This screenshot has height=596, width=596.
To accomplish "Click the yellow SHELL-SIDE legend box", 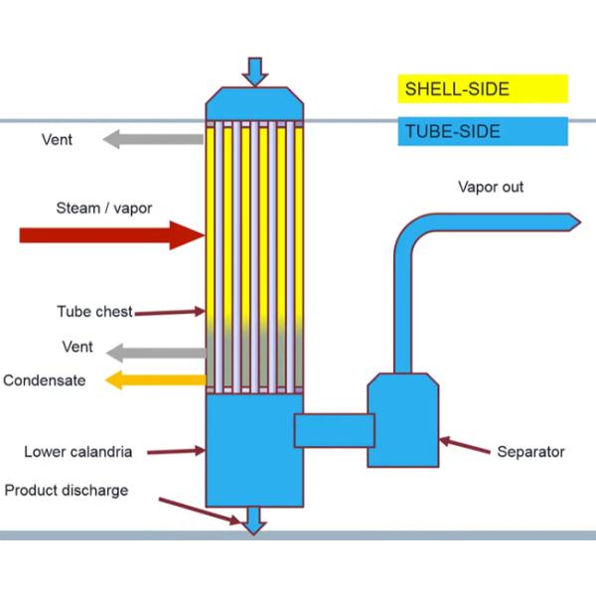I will (483, 89).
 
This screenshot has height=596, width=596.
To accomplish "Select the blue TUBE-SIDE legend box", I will (483, 131).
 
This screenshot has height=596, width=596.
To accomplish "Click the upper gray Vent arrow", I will (153, 139).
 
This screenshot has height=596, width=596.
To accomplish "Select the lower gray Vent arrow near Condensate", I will (154, 351).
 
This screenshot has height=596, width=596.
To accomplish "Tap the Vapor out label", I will (491, 187).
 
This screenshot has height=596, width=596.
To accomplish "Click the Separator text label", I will (530, 452).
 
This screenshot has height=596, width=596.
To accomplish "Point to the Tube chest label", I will (94, 312).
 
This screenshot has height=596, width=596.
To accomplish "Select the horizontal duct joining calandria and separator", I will (334, 430).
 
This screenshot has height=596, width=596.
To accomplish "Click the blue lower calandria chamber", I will (248, 447).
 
